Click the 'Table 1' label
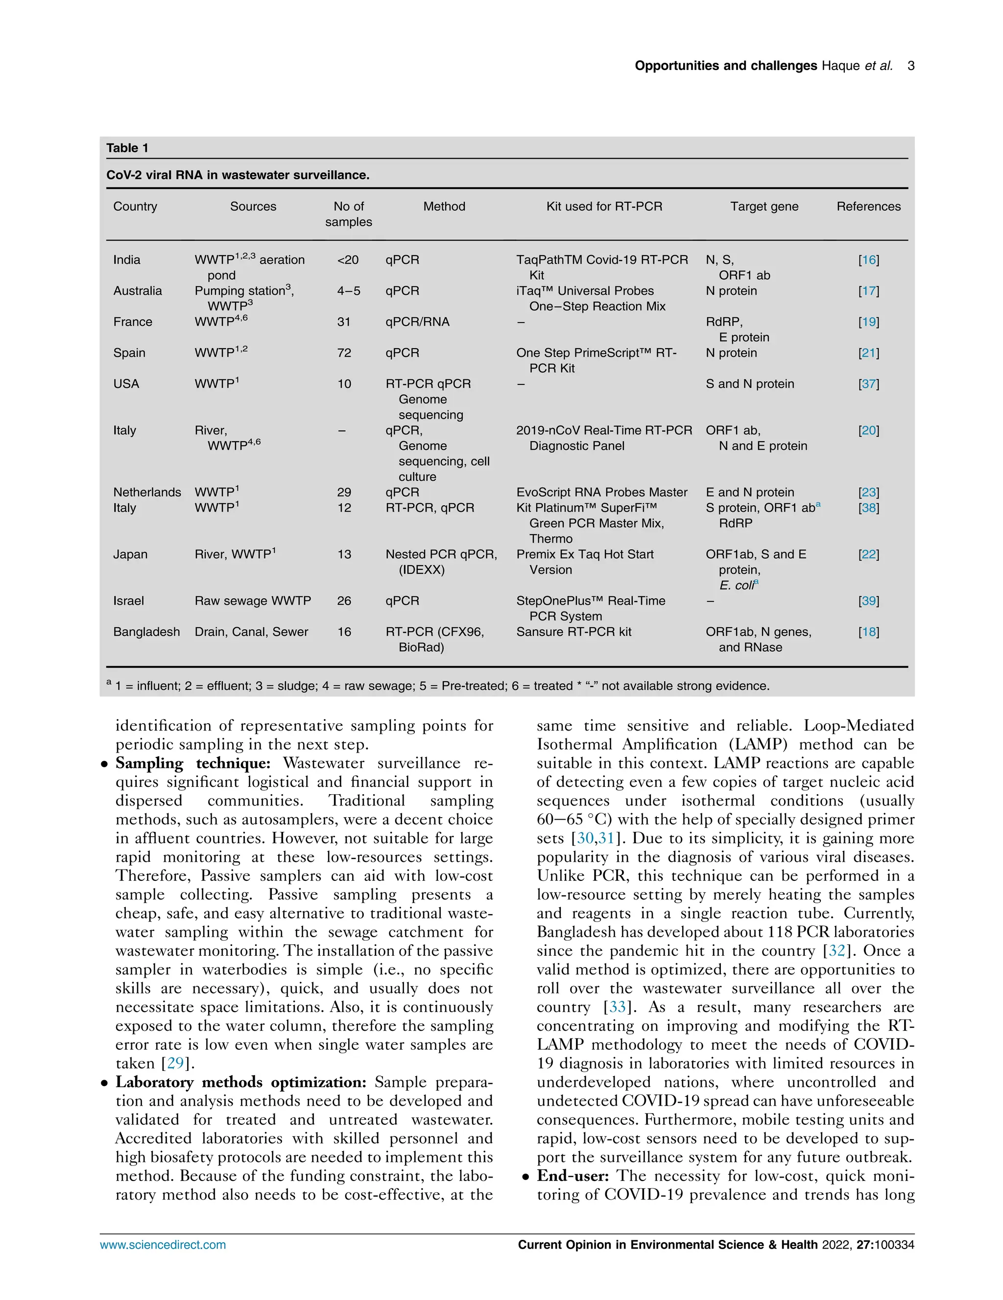click(127, 147)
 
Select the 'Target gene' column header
click(764, 206)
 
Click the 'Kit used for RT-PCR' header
click(603, 206)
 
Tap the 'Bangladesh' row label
click(146, 632)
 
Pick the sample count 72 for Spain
click(344, 353)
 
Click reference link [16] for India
click(868, 260)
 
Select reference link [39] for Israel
click(868, 601)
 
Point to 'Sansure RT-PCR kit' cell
click(573, 632)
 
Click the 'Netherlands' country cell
click(147, 492)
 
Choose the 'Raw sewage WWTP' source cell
click(252, 601)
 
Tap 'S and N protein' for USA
click(749, 383)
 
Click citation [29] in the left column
click(175, 1063)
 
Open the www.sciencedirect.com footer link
click(163, 1245)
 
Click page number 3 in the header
click(910, 66)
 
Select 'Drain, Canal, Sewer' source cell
click(251, 632)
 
